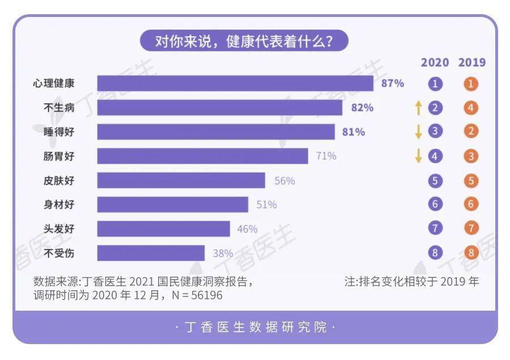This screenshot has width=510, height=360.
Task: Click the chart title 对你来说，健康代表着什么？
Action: pos(244,41)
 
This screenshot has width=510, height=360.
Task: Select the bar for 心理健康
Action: pos(235,83)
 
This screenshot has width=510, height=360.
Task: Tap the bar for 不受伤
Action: pos(151,253)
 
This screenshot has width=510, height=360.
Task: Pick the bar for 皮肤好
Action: pos(181,180)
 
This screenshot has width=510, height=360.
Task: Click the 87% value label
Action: pos(393,83)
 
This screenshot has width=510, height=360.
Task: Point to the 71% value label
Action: pos(326,156)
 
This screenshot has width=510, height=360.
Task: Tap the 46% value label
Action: pos(247,229)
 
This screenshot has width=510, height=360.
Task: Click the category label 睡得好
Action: pos(59,132)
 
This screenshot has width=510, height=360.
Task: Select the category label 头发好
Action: pos(59,229)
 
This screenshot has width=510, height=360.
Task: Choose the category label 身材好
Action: pos(59,205)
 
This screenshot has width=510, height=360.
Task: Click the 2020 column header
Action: pos(435,62)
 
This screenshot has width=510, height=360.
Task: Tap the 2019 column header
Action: pos(471,62)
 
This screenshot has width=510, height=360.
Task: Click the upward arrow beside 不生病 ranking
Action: pos(419,108)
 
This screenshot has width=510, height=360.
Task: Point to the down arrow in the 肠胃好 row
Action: pos(419,156)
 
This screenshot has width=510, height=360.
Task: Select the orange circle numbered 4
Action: pos(471,108)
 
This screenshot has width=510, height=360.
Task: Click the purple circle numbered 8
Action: pos(435,253)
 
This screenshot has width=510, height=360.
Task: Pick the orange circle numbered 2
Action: pos(471,132)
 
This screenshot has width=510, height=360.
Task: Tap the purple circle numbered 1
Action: pos(435,84)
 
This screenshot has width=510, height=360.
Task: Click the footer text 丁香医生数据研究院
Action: pos(255,328)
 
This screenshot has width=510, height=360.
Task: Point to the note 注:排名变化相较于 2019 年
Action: pos(411,282)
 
